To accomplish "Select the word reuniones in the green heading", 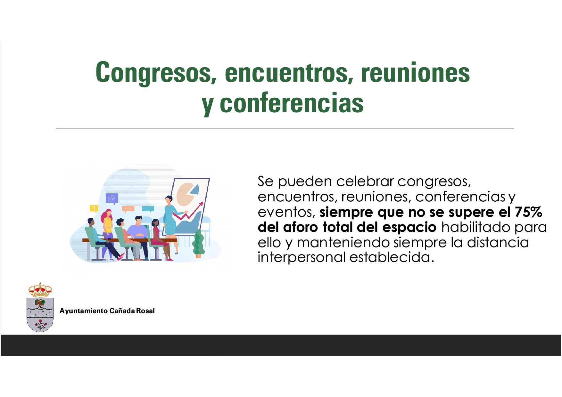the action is click(415, 72).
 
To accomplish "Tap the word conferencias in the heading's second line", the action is click(292, 103).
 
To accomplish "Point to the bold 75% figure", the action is click(528, 212).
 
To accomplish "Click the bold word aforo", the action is click(301, 227).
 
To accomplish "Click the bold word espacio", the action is click(409, 228).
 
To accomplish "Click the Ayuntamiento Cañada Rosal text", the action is click(107, 311).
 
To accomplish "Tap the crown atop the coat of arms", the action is click(40, 290).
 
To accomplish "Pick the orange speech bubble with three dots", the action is click(128, 210).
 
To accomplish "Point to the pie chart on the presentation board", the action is click(187, 194).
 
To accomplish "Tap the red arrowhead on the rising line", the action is click(201, 204).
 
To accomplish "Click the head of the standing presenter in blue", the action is click(169, 200).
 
